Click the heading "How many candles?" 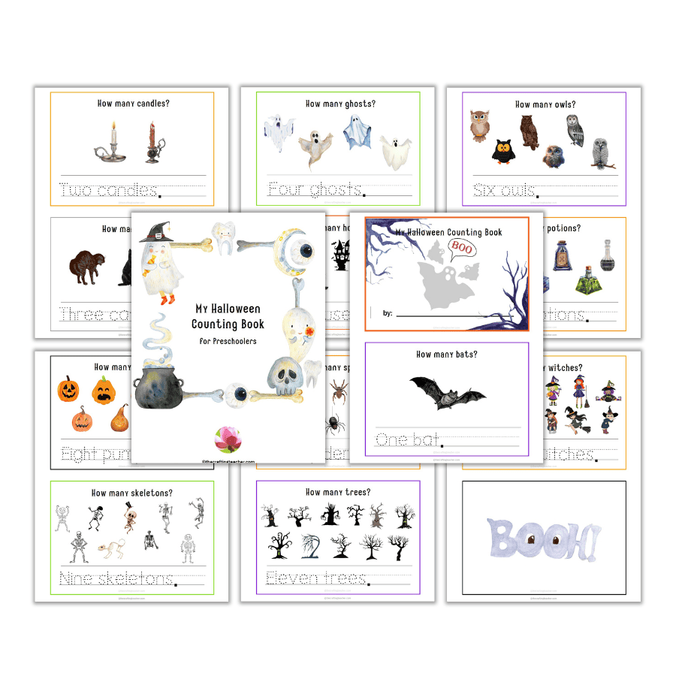click(x=133, y=104)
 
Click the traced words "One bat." click(x=409, y=440)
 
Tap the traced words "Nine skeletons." click(x=118, y=578)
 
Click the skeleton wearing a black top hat click(x=131, y=515)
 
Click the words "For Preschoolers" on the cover click(x=228, y=341)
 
